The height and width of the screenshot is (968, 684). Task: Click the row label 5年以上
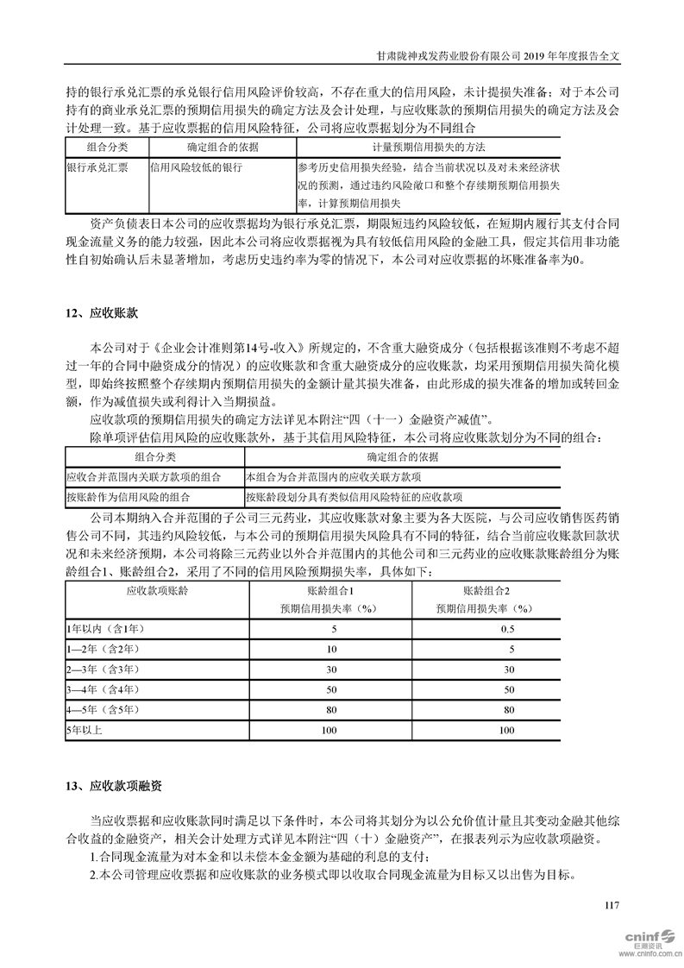pyautogui.click(x=85, y=731)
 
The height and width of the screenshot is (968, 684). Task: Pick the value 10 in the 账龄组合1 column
pyautogui.click(x=331, y=648)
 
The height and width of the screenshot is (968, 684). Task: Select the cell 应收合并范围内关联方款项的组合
pyautogui.click(x=143, y=477)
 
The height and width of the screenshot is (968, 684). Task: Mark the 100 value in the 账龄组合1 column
pyautogui.click(x=331, y=731)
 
